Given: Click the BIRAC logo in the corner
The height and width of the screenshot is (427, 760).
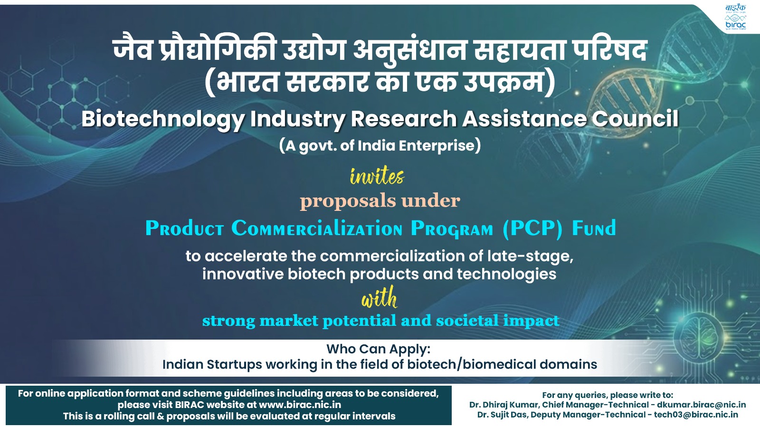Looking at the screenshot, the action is (x=736, y=17).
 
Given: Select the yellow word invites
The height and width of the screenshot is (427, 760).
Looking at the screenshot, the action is (x=377, y=176).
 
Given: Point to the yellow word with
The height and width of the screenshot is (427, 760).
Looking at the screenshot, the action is (x=379, y=297).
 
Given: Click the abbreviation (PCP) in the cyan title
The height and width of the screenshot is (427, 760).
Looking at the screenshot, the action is (x=532, y=228).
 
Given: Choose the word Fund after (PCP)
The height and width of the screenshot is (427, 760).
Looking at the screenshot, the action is (x=594, y=228).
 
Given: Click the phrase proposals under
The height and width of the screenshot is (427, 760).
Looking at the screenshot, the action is (x=380, y=201).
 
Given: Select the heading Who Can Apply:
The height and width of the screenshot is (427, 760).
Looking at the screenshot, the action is (x=378, y=349).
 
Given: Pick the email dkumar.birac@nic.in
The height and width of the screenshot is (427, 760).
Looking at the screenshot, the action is (x=701, y=405).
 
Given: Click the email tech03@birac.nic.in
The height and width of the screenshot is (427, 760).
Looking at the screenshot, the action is (x=696, y=415).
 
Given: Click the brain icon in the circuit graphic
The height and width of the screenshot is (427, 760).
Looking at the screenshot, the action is (x=699, y=337).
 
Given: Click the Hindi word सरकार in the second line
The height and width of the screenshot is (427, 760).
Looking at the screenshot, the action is (x=327, y=82).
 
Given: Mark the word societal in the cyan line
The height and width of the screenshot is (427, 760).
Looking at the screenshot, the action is (x=467, y=321).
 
